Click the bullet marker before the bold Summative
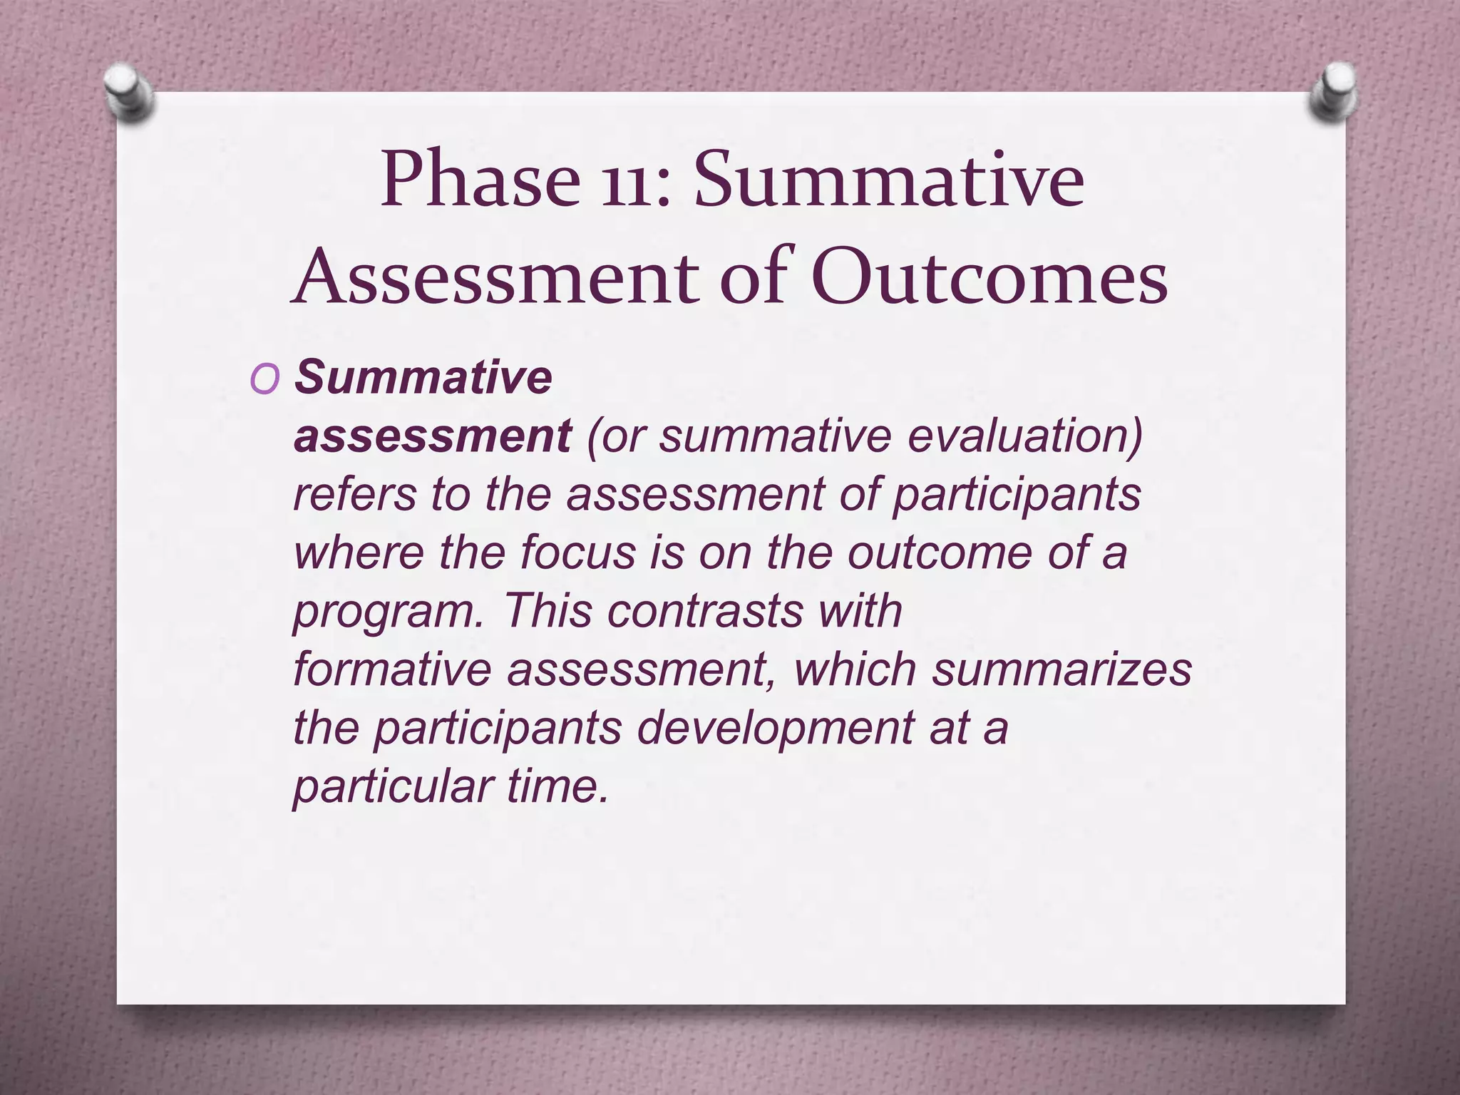click(264, 381)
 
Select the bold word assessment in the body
click(432, 436)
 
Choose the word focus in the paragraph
click(577, 552)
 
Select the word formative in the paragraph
click(392, 669)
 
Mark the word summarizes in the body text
click(1062, 669)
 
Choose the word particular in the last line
click(392, 786)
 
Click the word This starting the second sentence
click(547, 611)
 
